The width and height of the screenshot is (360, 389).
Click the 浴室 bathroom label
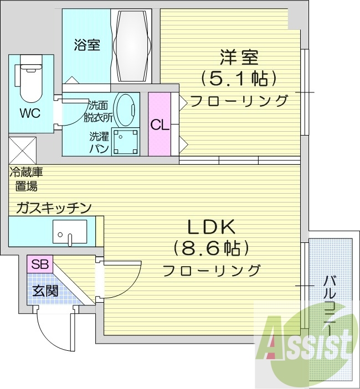(x=87, y=45)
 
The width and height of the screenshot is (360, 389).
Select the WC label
(x=30, y=114)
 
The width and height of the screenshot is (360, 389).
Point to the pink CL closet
(x=160, y=125)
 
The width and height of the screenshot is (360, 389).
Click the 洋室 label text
(x=239, y=58)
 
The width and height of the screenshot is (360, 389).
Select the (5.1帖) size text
(x=239, y=79)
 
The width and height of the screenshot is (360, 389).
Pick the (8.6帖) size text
(x=210, y=248)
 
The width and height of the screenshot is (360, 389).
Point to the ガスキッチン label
(x=54, y=208)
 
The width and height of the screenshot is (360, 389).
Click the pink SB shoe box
(x=39, y=264)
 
